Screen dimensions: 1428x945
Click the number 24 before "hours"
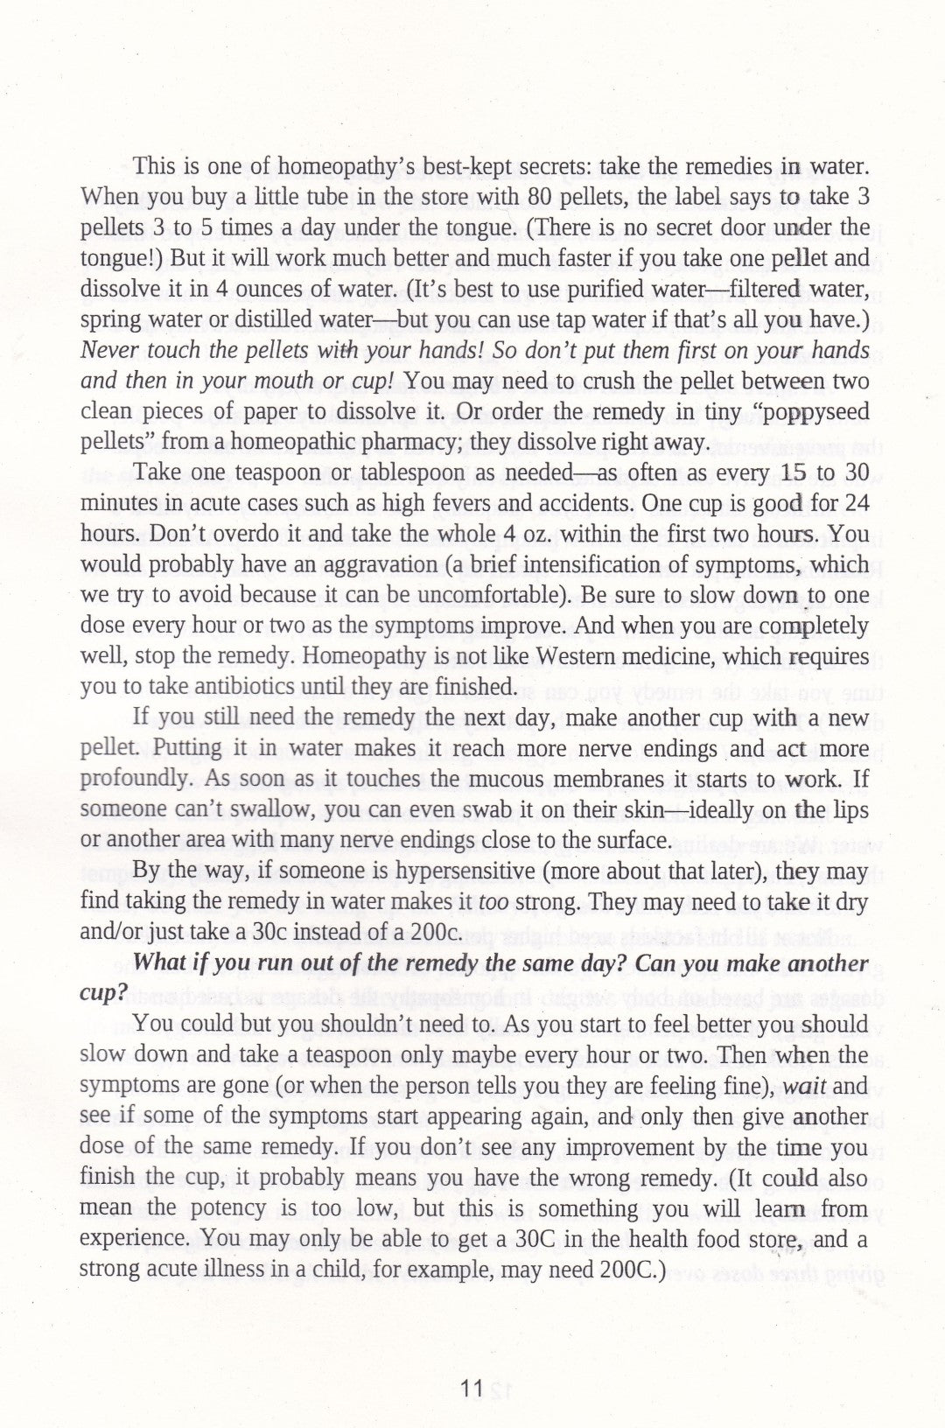856,504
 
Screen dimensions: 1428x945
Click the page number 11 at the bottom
472,1389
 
